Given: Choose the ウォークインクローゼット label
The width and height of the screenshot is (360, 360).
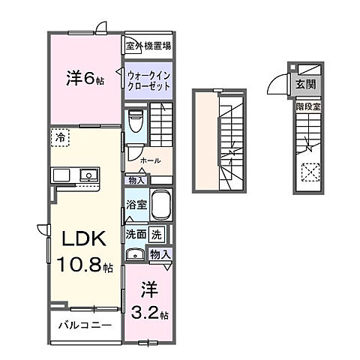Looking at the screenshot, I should point(148,80).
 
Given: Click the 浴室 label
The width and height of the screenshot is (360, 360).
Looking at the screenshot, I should point(136,204).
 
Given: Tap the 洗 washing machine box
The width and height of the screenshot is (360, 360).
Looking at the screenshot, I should point(156,233).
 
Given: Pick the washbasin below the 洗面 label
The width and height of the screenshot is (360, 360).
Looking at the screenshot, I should point(136,254).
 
